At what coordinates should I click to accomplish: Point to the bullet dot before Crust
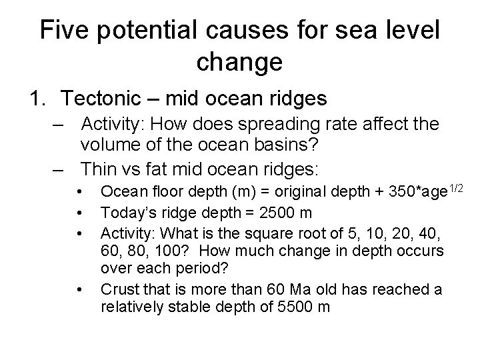80,289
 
